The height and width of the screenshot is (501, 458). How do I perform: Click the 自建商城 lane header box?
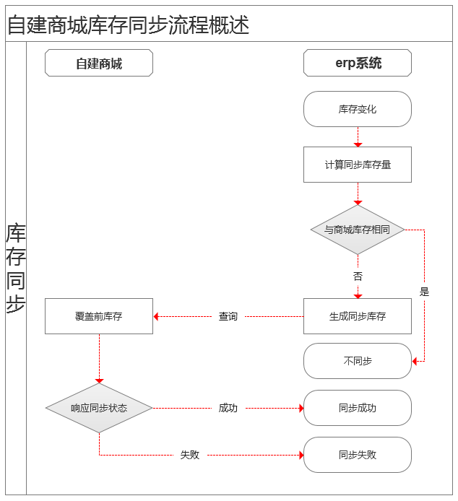(99, 63)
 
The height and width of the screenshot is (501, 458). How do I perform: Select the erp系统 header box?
(358, 63)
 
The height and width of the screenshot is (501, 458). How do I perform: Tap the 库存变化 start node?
(358, 109)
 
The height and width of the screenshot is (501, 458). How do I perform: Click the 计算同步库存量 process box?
(358, 165)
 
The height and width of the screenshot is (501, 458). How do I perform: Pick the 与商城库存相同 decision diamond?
(358, 230)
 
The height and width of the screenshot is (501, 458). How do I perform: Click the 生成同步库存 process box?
(358, 316)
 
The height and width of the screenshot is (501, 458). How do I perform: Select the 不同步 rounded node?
(358, 361)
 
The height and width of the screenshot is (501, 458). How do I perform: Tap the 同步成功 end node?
(358, 408)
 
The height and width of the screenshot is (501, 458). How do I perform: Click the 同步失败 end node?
(358, 455)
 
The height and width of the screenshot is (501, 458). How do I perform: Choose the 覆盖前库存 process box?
(99, 316)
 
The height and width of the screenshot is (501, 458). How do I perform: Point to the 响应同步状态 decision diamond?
(99, 408)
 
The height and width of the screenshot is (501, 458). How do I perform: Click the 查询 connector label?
(228, 316)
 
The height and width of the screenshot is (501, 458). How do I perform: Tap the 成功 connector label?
(228, 408)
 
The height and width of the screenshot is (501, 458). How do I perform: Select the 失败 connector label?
(190, 455)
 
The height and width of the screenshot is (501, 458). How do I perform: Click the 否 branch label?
(358, 276)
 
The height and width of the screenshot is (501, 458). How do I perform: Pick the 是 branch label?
(425, 292)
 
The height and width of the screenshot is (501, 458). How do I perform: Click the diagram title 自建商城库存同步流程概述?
(129, 25)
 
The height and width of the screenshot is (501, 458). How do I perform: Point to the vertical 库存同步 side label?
(16, 268)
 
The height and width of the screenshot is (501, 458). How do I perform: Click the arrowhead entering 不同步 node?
(415, 362)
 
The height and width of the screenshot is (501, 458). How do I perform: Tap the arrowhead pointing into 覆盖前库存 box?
(156, 316)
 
